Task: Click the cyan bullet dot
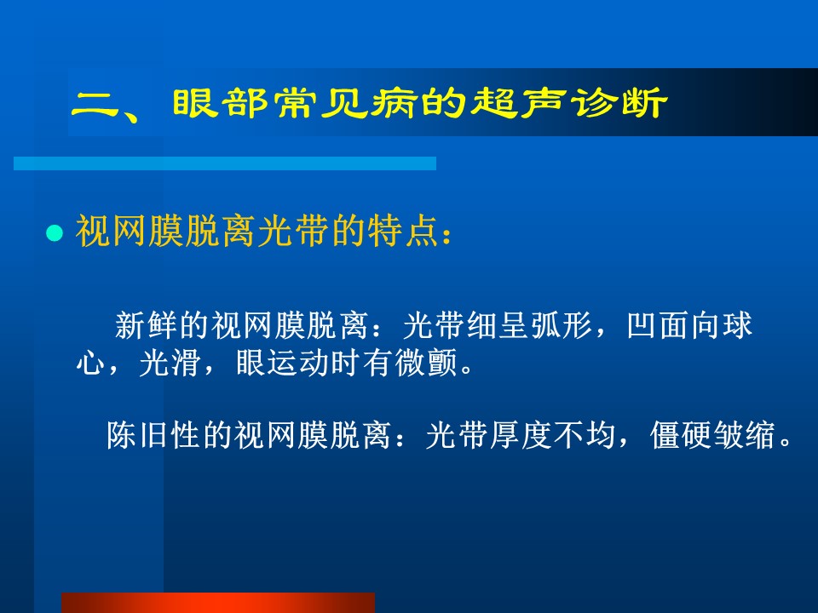55,232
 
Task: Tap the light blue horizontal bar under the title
225,163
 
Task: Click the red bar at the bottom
218,603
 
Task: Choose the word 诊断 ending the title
619,102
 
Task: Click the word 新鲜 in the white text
147,325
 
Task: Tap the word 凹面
658,325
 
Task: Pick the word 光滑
170,363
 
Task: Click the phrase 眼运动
283,363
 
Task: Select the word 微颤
426,363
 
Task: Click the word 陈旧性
154,435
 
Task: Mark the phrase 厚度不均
552,435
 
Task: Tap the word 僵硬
682,435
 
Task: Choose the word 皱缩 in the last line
745,435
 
